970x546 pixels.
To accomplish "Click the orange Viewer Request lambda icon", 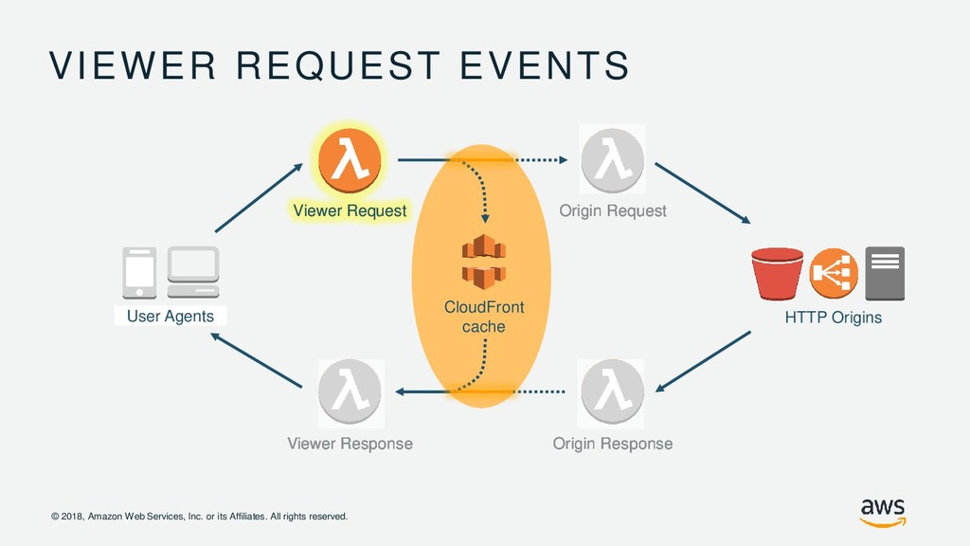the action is [350, 160].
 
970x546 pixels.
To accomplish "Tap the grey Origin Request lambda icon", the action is [613, 159].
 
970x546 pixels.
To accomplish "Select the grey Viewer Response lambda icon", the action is [350, 391].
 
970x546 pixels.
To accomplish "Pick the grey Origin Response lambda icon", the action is [611, 391].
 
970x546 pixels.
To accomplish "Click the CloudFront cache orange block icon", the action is [484, 262].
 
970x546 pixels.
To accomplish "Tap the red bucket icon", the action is [777, 274].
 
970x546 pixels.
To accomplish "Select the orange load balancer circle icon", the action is [834, 273].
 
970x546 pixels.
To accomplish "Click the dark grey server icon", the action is [885, 274].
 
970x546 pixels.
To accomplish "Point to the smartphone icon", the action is [139, 273].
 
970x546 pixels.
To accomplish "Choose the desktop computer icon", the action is [193, 272].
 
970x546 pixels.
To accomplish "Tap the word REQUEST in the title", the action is [338, 65].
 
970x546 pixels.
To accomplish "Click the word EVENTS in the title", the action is [545, 65].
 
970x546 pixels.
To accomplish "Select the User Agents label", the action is [171, 317].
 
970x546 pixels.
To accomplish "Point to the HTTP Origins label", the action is [834, 318].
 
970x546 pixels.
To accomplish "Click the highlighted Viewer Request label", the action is [350, 210].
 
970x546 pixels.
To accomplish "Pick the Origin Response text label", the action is [613, 444].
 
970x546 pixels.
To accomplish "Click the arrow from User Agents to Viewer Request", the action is [259, 198].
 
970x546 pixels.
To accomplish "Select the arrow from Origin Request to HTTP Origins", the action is [703, 193].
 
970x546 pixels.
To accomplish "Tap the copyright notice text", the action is [199, 517].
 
